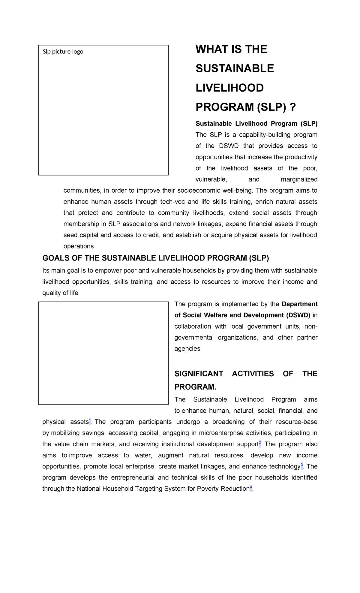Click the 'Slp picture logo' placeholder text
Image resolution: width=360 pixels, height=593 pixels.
pyautogui.click(x=63, y=52)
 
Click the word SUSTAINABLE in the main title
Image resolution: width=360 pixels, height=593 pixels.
pyautogui.click(x=235, y=68)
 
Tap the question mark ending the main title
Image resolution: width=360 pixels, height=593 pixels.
pyautogui.click(x=293, y=107)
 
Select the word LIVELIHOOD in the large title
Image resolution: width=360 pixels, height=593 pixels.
pyautogui.click(x=229, y=88)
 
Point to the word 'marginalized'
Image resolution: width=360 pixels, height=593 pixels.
pyautogui.click(x=299, y=179)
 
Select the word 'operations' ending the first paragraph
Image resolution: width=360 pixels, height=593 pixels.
pyautogui.click(x=79, y=246)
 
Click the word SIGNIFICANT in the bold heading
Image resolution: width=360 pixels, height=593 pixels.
pyautogui.click(x=199, y=374)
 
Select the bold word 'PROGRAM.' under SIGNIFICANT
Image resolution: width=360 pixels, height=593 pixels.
pyautogui.click(x=195, y=387)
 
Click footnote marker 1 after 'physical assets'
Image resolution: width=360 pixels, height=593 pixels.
pyautogui.click(x=90, y=421)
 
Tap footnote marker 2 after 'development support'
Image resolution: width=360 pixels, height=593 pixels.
pyautogui.click(x=260, y=443)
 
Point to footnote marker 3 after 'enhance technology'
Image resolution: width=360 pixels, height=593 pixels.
pyautogui.click(x=302, y=465)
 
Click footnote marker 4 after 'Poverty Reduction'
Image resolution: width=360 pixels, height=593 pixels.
pyautogui.click(x=251, y=488)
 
